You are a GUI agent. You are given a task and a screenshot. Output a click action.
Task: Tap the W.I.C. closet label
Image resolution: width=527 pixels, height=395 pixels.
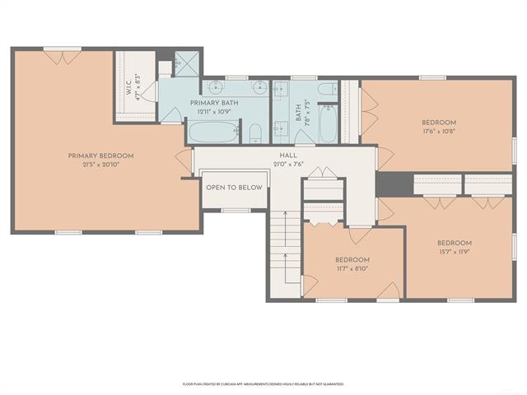(128, 87)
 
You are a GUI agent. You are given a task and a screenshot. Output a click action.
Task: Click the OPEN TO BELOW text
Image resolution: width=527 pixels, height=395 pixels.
(234, 188)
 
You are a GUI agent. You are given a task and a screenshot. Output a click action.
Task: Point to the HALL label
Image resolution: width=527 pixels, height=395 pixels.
(287, 155)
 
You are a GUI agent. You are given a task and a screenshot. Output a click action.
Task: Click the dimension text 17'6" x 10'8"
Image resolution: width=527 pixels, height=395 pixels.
(438, 130)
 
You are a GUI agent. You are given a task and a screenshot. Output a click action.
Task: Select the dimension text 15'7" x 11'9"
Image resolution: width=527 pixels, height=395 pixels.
(454, 251)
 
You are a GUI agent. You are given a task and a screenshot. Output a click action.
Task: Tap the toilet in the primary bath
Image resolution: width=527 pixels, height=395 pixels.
(254, 132)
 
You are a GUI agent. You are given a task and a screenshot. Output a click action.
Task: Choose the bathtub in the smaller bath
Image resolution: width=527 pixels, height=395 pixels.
(326, 123)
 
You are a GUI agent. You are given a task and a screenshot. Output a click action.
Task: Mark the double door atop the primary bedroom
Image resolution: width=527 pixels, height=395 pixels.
(63, 56)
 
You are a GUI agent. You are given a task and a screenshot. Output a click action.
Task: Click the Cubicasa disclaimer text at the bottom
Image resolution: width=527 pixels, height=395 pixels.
(263, 383)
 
